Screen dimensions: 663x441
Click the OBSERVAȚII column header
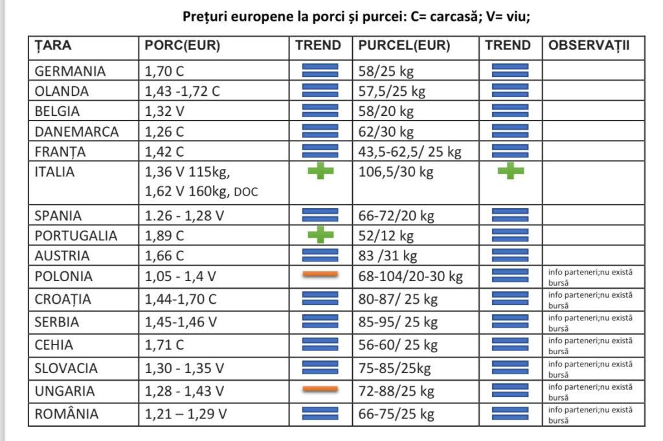(589, 45)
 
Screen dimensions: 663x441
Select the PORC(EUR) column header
(182, 46)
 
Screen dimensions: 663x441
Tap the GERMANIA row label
(70, 71)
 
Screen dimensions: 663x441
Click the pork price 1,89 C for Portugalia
(164, 236)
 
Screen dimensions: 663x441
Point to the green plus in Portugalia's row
(320, 235)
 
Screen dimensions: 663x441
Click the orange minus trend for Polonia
(320, 275)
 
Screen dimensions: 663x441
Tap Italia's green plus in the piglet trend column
(510, 171)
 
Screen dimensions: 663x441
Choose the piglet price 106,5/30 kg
(396, 172)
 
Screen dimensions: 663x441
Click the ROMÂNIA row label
(67, 413)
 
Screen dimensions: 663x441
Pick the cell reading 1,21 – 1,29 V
(186, 414)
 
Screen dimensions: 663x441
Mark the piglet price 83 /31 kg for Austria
(387, 256)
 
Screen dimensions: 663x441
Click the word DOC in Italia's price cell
(245, 192)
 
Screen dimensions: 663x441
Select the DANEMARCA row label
(76, 132)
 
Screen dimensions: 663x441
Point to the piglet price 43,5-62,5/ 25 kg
(410, 152)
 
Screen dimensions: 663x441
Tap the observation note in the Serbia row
(590, 323)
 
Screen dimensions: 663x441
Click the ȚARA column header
(52, 46)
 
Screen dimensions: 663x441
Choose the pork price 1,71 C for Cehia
(164, 345)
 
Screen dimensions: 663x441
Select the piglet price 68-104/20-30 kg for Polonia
(410, 277)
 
